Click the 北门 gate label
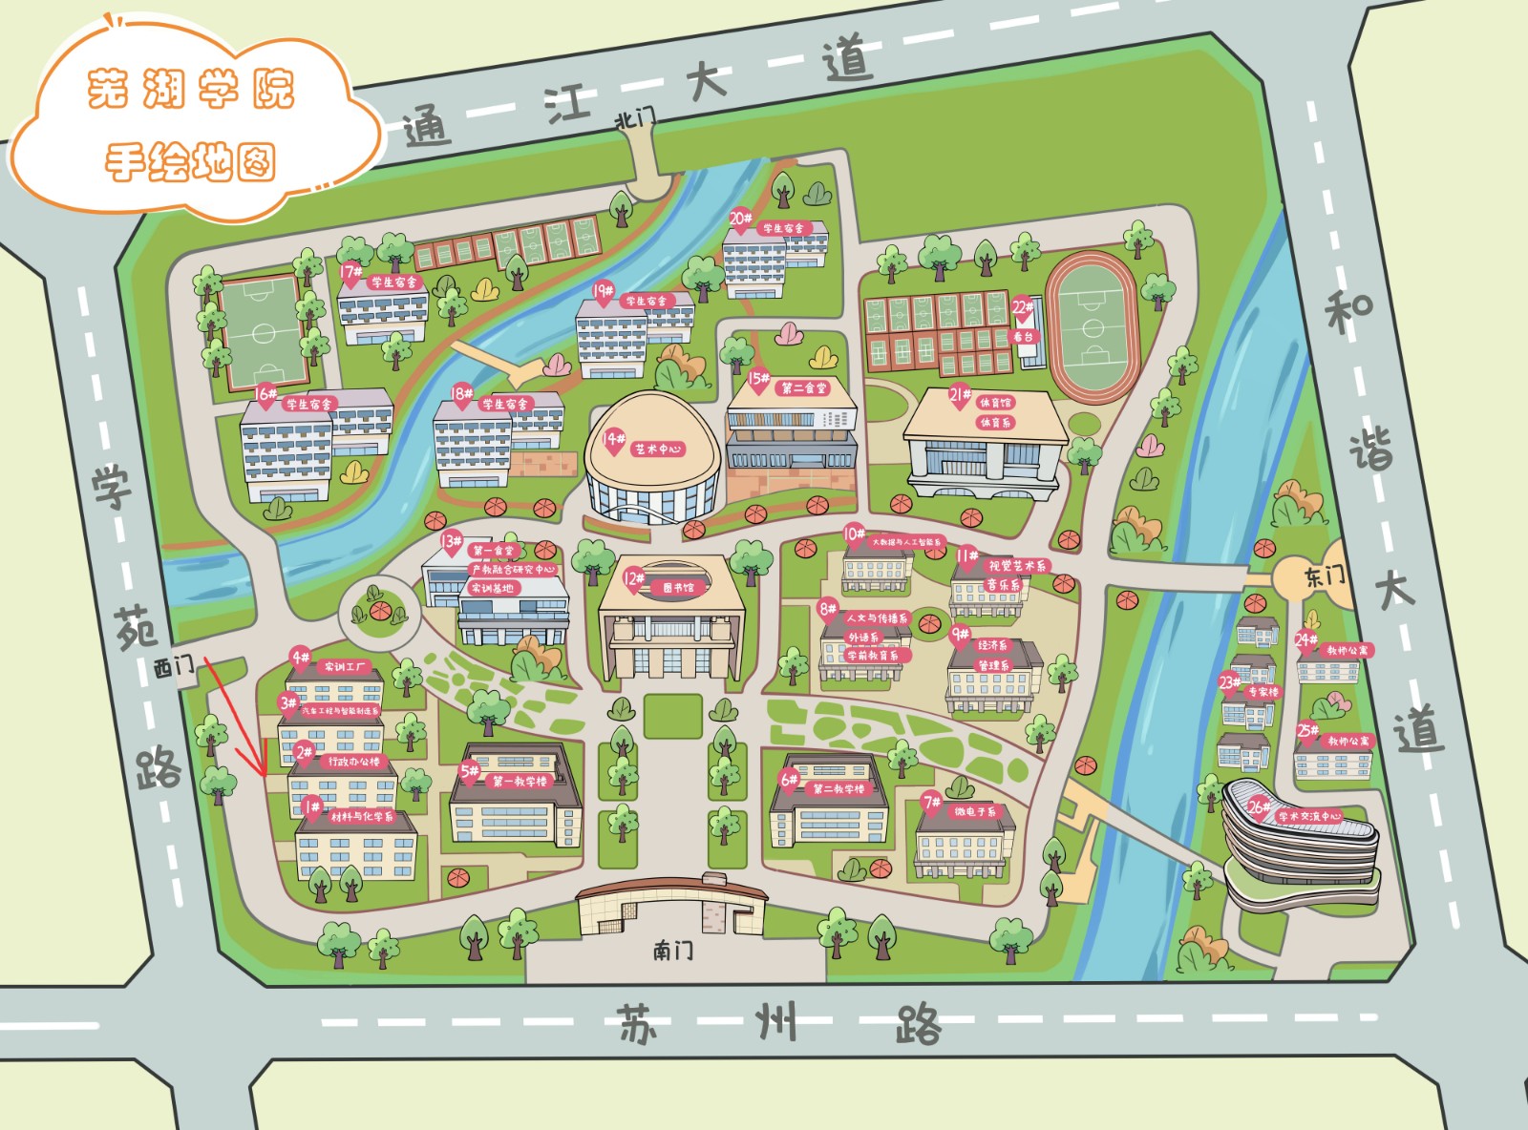click(x=635, y=117)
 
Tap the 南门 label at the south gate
click(x=673, y=950)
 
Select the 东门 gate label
click(x=1325, y=575)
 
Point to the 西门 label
click(x=174, y=666)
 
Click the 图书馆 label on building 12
click(x=678, y=588)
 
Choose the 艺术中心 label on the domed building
click(x=658, y=449)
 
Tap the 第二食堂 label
click(x=804, y=388)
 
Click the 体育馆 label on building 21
click(x=994, y=403)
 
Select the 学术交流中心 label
click(x=1309, y=816)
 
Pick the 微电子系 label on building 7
click(x=974, y=811)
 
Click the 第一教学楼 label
click(x=520, y=781)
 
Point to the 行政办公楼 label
click(x=354, y=762)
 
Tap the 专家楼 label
click(x=1262, y=692)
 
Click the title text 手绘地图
click(x=190, y=162)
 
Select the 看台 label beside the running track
click(x=1023, y=337)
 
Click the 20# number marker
click(x=741, y=219)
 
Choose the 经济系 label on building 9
click(x=992, y=645)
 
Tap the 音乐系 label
click(x=1003, y=584)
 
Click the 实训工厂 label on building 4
click(x=345, y=667)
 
